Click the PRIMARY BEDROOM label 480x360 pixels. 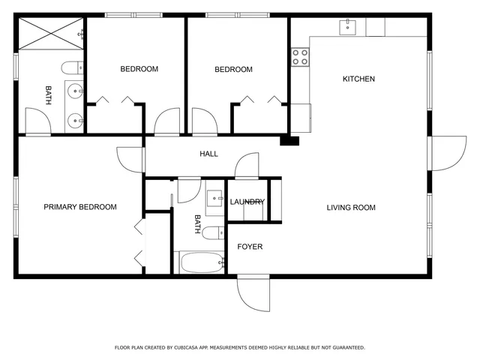79,207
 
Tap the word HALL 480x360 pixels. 208,154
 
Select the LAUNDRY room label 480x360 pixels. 246,202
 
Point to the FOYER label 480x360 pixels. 250,246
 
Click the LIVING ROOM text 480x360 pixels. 350,207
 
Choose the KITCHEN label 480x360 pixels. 358,79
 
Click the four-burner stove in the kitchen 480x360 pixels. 301,58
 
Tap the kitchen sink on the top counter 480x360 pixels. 347,27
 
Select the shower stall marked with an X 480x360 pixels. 49,33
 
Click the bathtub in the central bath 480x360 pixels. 200,262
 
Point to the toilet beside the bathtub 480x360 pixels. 213,232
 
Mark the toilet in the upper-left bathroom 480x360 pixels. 73,67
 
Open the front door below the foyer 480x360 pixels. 253,294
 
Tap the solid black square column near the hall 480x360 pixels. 289,139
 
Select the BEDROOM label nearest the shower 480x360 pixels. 139,69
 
